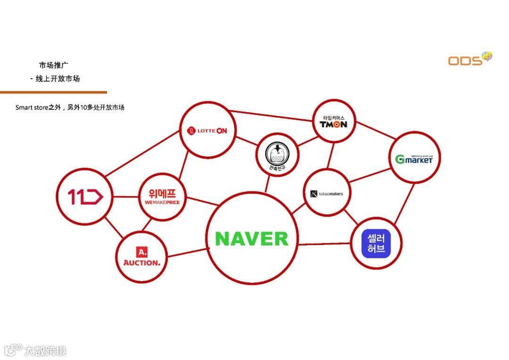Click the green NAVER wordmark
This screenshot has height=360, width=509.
[252, 239]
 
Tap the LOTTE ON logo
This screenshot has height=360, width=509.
[207, 131]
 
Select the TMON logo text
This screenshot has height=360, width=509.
[334, 124]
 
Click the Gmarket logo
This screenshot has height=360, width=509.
[414, 159]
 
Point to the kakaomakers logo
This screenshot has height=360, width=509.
[327, 194]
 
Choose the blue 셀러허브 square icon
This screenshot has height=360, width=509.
[376, 243]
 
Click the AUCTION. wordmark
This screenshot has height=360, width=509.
[141, 262]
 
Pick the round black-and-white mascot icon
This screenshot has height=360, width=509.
[278, 154]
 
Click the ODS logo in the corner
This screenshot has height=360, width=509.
[469, 59]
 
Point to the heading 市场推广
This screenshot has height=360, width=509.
[54, 65]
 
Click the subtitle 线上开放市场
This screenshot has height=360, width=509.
[57, 79]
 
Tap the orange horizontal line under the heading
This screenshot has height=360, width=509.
[53, 92]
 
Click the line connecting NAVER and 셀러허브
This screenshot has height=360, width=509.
[324, 244]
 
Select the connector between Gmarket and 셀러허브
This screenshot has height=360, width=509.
[404, 203]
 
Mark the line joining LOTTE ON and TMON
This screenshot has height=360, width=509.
[273, 115]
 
